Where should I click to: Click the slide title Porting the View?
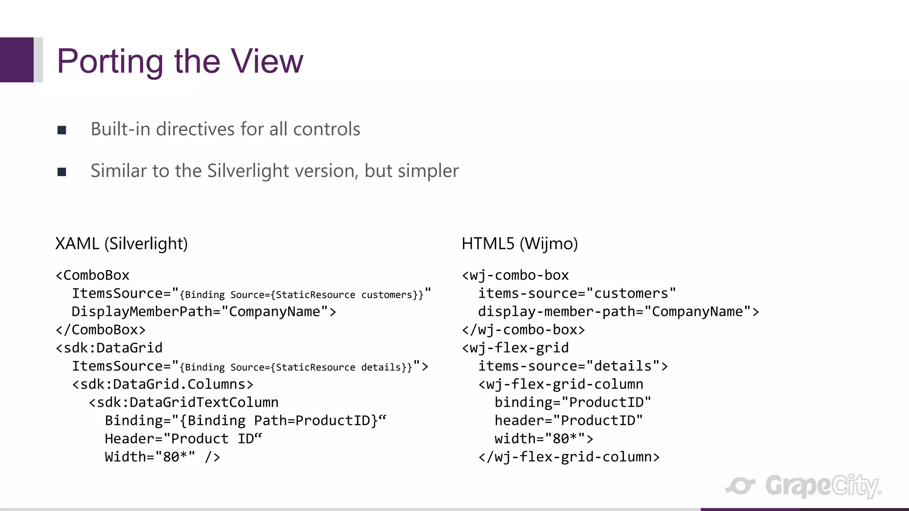[x=180, y=61]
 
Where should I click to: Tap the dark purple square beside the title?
[x=17, y=60]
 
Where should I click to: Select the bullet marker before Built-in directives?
[x=62, y=130]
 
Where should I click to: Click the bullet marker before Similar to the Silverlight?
[x=62, y=172]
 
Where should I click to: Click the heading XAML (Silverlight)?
[x=121, y=244]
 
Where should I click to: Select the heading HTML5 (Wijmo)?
[x=519, y=244]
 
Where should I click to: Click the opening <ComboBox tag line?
[x=92, y=275]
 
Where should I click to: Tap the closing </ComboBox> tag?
[x=101, y=330]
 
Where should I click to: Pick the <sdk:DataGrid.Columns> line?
[x=162, y=384]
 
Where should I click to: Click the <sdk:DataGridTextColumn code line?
[x=183, y=402]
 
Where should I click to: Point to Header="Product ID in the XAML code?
[x=183, y=439]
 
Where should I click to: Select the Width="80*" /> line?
[x=162, y=457]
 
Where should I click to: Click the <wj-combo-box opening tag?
[x=515, y=275]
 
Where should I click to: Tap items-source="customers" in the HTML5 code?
[x=577, y=293]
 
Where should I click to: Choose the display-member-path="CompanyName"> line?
[x=618, y=311]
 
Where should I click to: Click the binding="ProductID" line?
[x=573, y=402]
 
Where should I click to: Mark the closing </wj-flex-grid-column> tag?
[x=569, y=457]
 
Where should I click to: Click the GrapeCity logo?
[x=803, y=486]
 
